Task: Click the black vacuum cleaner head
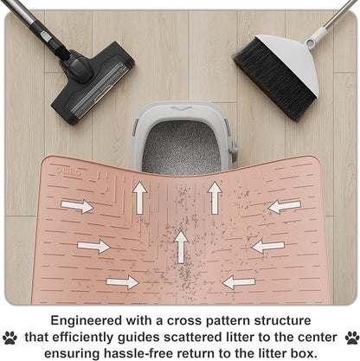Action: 93,84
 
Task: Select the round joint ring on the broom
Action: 310,43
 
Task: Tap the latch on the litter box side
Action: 234,148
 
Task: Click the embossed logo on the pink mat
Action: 68,171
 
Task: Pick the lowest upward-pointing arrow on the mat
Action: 182,247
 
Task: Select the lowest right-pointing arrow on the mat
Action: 123,282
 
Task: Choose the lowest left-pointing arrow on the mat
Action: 239,282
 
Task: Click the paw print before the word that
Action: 10,338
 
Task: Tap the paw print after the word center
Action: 352,338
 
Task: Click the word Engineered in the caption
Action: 87,321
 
